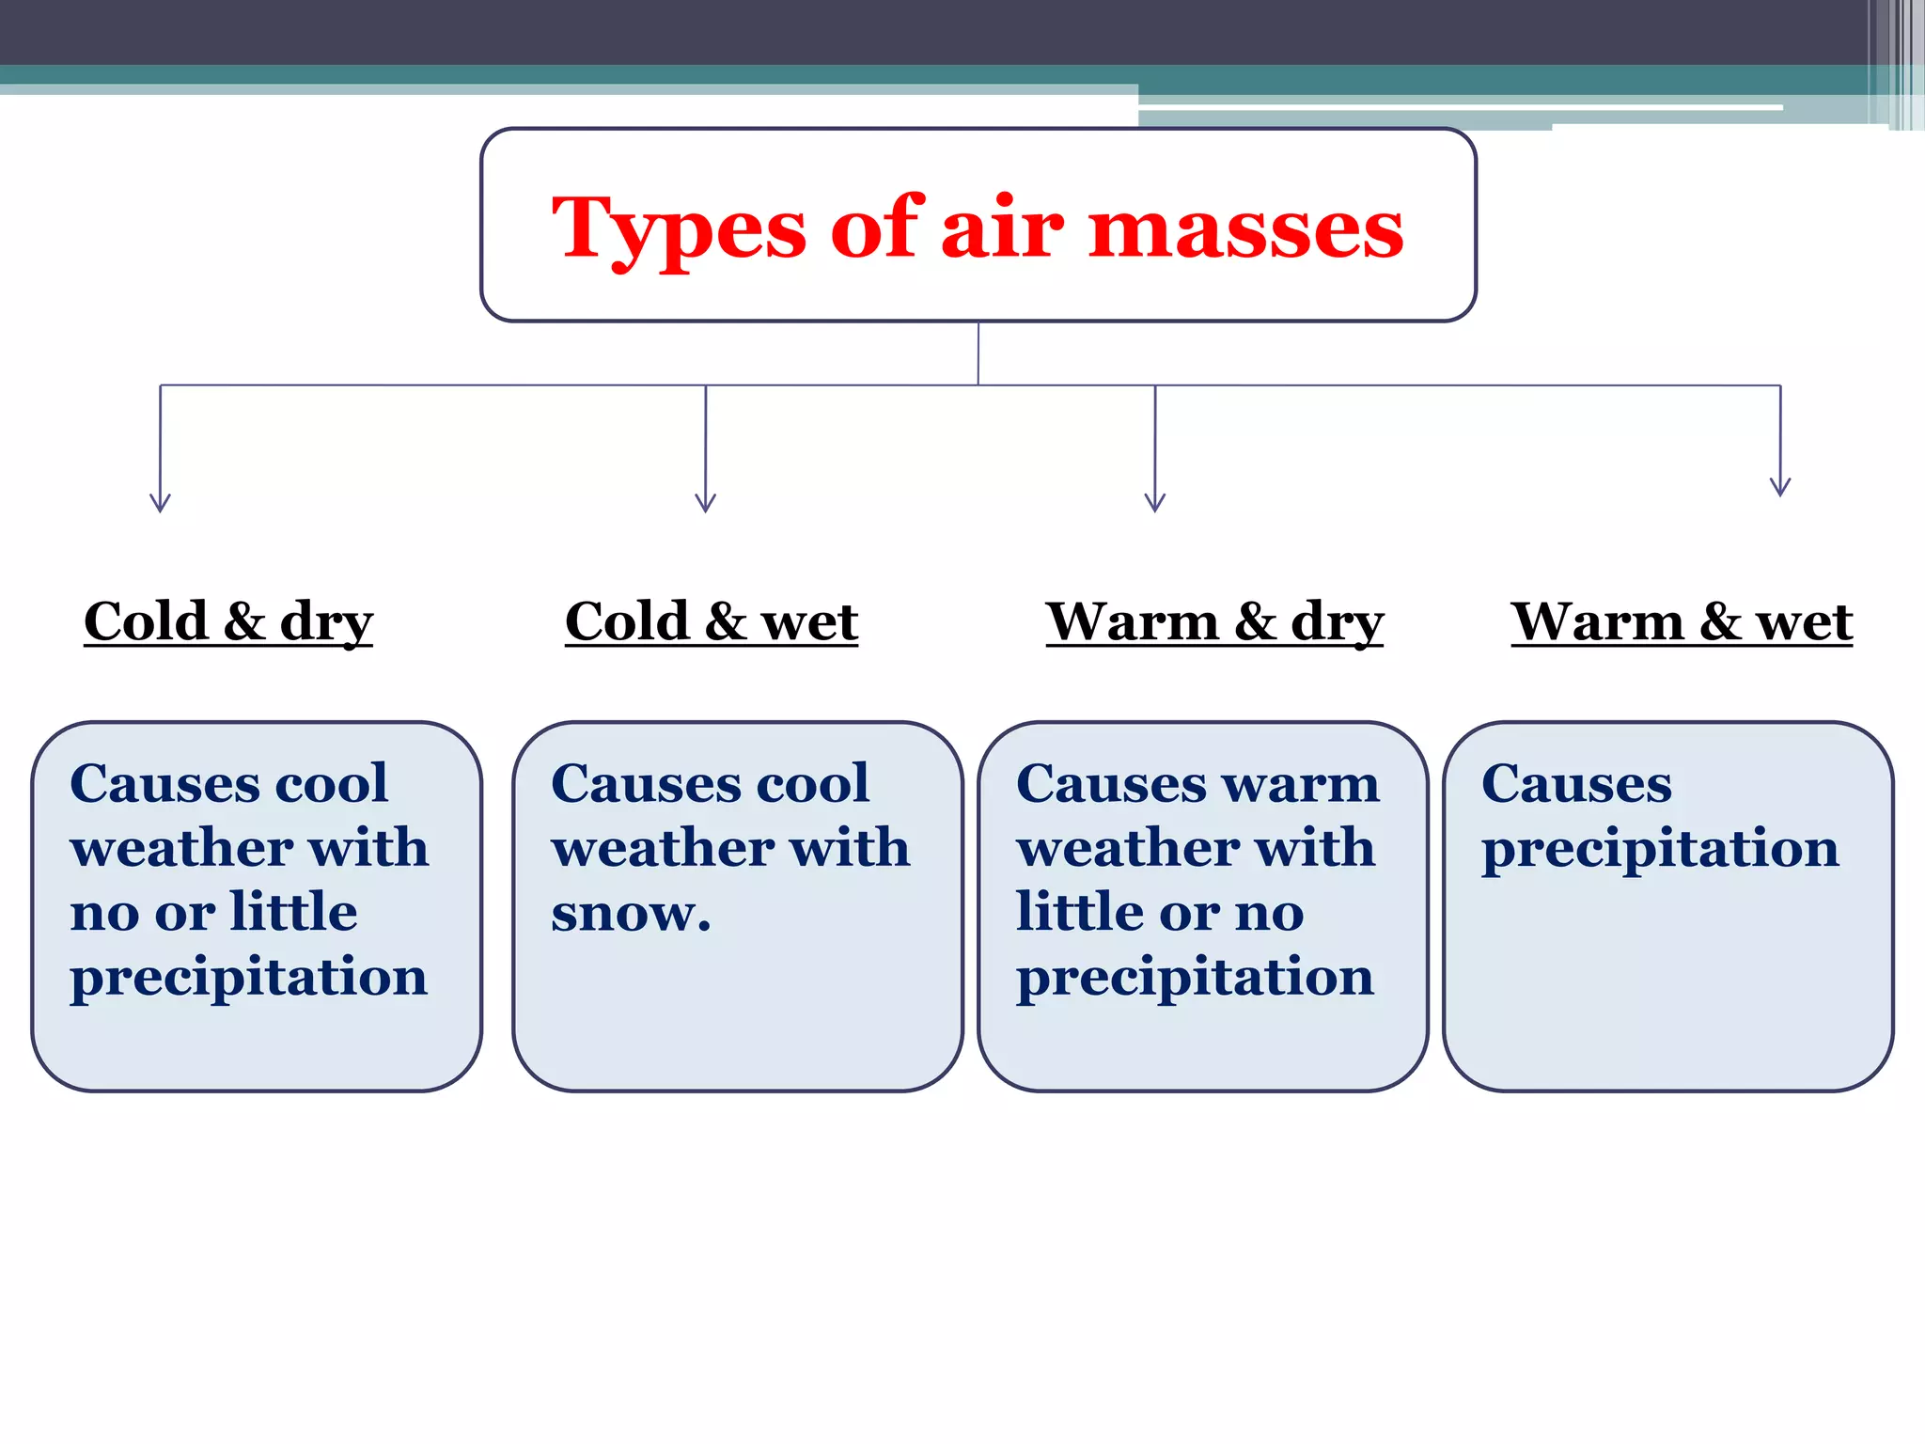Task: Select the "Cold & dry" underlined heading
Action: click(x=228, y=621)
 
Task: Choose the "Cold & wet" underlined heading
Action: click(x=712, y=621)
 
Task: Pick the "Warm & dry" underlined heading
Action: click(x=1214, y=621)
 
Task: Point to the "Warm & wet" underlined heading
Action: click(x=1682, y=621)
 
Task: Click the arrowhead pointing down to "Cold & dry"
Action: click(x=160, y=503)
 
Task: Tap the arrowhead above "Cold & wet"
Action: click(x=706, y=503)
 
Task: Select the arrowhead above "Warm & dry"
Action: click(x=1155, y=503)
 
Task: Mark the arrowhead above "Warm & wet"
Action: click(x=1780, y=487)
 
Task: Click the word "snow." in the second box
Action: click(x=631, y=912)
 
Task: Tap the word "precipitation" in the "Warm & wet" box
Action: click(x=1660, y=849)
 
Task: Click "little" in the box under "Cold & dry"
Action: click(x=294, y=911)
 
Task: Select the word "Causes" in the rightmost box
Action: click(x=1576, y=783)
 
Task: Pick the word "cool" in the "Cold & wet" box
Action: click(x=814, y=783)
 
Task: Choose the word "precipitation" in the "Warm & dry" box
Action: click(x=1195, y=977)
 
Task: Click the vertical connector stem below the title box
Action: click(x=978, y=353)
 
